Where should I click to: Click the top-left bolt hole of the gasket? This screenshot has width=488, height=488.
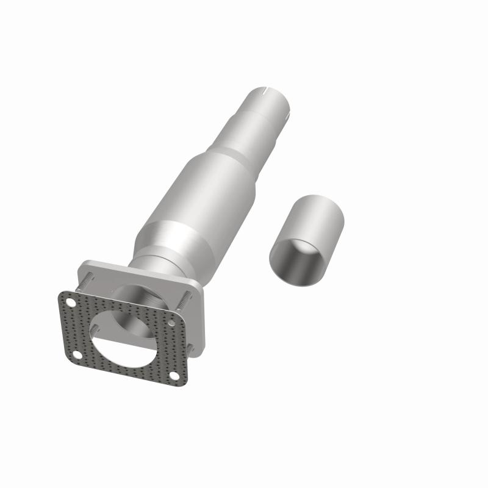click(71, 303)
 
